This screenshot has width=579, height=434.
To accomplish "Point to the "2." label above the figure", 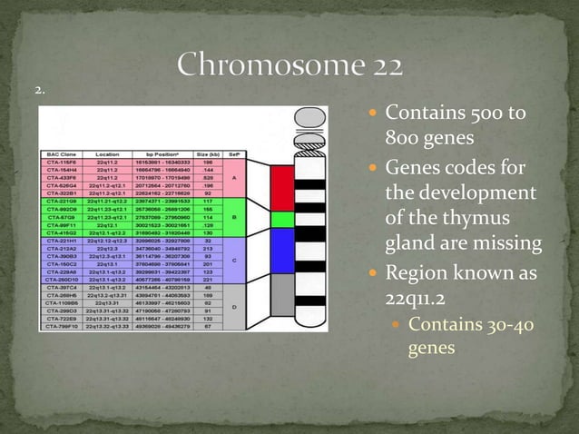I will click(40, 90).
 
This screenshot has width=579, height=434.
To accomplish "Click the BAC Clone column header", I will click(63, 155).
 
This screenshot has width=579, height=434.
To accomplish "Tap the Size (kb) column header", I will click(211, 155).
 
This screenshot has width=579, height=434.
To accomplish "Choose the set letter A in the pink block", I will click(233, 178).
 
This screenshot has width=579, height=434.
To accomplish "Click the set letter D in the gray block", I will click(233, 305).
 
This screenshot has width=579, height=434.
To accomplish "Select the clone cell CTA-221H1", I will click(63, 241).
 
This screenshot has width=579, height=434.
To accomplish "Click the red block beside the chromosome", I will click(282, 185).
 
